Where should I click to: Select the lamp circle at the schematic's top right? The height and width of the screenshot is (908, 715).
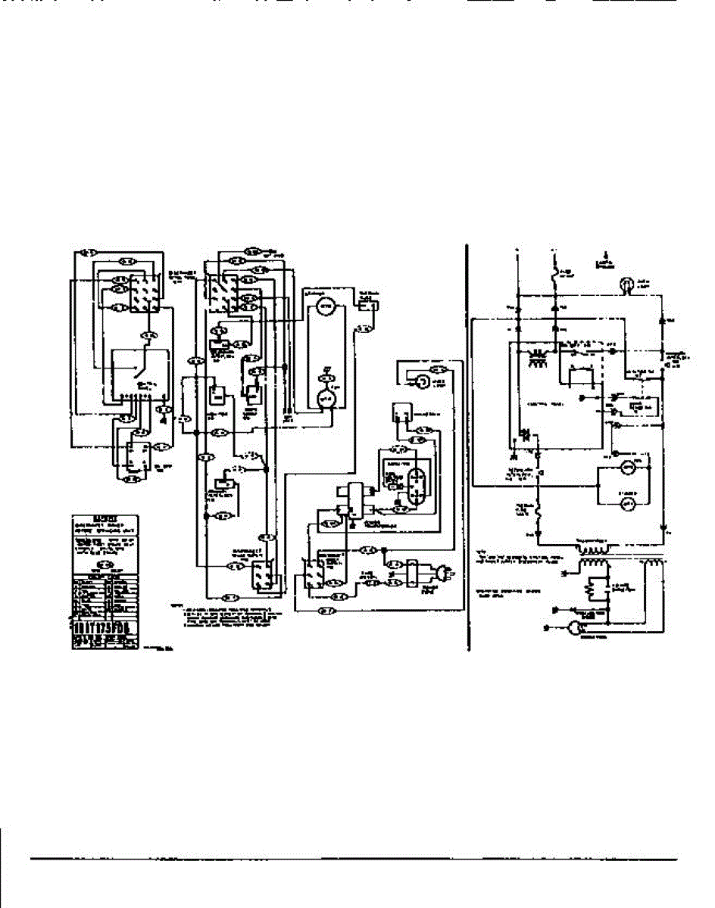(x=626, y=285)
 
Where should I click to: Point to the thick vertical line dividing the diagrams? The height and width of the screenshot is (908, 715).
(x=465, y=446)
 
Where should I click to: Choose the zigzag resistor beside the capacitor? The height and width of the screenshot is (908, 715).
(x=590, y=589)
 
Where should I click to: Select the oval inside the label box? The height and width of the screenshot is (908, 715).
(x=107, y=564)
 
